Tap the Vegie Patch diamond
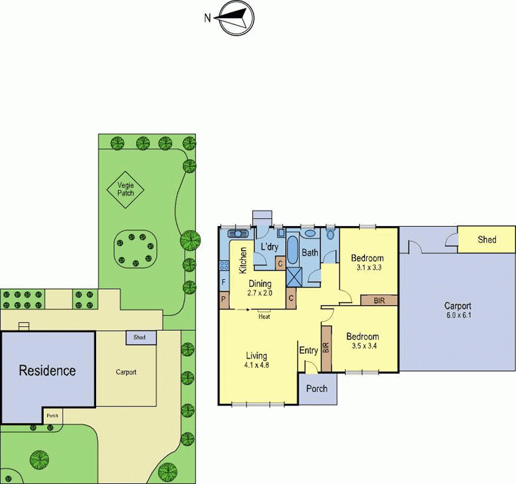[x=125, y=188]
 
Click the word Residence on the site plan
[x=47, y=371]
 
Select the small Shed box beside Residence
[x=139, y=337]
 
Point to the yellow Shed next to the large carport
[x=487, y=240]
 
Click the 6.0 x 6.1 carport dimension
[x=457, y=315]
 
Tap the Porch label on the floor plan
[x=316, y=388]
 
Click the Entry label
[x=308, y=351]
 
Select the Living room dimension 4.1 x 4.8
[x=256, y=364]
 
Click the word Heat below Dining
[x=264, y=317]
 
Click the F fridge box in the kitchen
[x=224, y=282]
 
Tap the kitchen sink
[x=237, y=233]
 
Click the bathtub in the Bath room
[x=293, y=249]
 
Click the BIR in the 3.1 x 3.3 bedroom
[x=379, y=300]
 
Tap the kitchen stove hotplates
[x=224, y=264]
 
